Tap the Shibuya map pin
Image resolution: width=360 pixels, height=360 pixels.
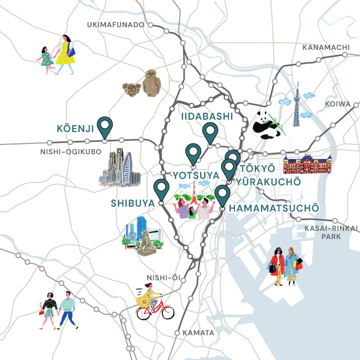point(161,189)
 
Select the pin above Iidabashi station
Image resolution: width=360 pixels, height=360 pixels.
point(210,132)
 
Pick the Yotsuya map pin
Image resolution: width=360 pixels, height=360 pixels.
point(193,153)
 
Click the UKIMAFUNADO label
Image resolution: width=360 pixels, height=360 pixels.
point(115,25)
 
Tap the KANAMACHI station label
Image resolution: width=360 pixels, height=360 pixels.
point(326,47)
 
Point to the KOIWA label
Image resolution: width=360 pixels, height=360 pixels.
point(338,104)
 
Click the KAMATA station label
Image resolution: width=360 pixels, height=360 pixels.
point(198,333)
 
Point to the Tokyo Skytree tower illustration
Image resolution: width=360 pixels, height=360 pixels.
point(297,105)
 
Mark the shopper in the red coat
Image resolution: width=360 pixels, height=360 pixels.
point(278,265)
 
